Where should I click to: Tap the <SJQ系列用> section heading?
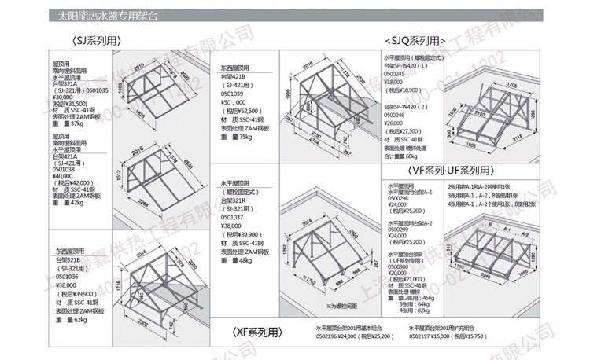[415, 40]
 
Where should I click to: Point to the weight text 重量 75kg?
[236, 138]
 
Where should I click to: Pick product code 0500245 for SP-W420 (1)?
[396, 75]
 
